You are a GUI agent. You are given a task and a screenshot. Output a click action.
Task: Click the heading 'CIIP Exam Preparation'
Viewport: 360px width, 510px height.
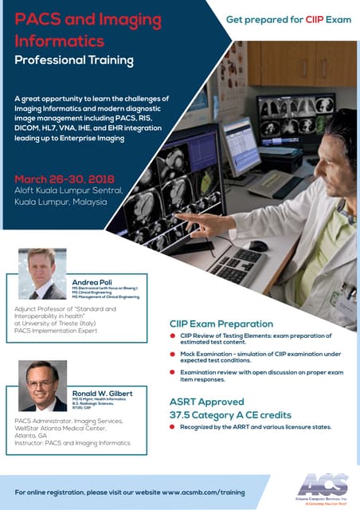point(221,324)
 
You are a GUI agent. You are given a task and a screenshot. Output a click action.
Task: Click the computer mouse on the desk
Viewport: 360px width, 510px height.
point(257,245)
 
